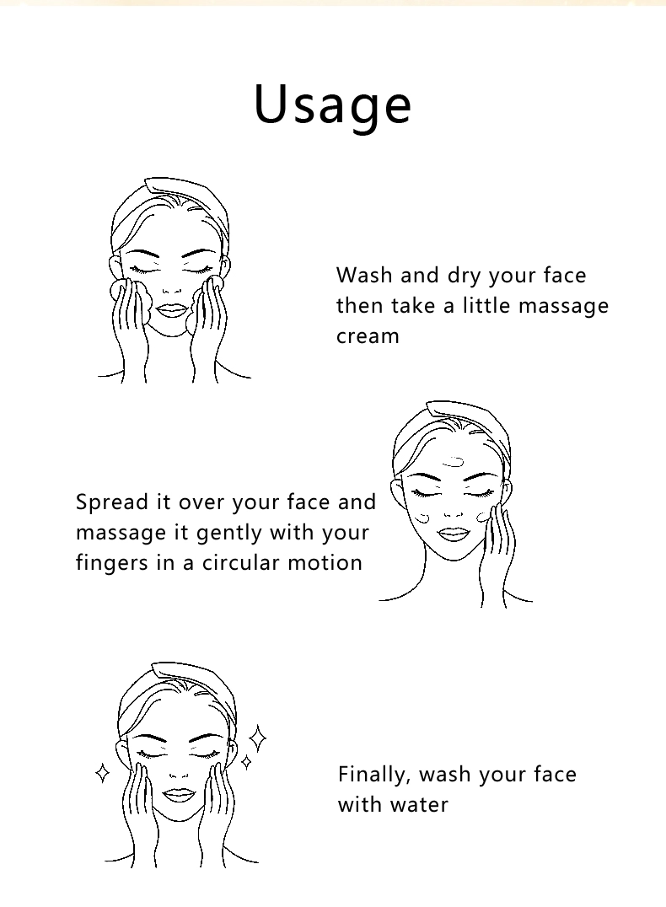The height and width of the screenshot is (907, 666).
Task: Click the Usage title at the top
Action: coord(333,105)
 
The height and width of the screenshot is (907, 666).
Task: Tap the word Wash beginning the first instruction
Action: coord(364,276)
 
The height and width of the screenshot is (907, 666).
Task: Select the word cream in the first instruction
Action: coord(368,336)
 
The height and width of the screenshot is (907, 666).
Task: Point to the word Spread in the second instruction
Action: coord(112,502)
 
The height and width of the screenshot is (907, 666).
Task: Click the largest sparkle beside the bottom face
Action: coord(257,738)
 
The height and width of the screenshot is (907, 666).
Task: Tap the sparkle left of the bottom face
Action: coord(102,773)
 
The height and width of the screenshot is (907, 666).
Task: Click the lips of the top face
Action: coord(172,311)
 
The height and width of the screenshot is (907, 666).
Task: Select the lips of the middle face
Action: coord(453,534)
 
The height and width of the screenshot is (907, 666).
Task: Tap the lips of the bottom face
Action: coord(178,796)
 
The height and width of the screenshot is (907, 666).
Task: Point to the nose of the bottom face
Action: coord(178,776)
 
